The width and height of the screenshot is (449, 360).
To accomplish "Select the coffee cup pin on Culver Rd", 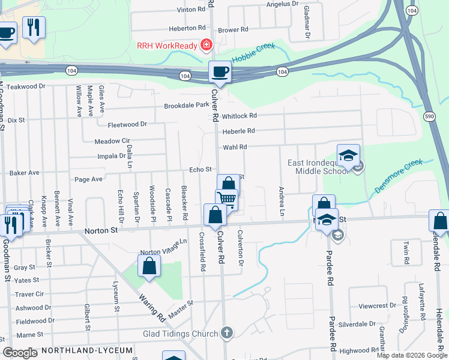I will [219, 73].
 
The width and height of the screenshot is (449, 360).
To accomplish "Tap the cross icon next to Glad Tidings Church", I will [227, 332].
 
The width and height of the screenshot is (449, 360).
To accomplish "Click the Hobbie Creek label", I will [252, 54].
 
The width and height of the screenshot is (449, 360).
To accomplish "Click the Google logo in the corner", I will [20, 353].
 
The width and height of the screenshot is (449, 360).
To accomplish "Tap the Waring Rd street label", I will [152, 308].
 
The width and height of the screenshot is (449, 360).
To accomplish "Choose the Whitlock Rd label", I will [239, 116].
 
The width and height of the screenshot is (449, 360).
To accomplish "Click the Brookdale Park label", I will [186, 106].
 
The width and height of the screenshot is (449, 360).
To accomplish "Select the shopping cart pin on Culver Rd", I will [227, 200].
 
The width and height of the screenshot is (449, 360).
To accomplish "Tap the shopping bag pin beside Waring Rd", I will [149, 266].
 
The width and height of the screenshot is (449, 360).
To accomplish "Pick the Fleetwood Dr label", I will [127, 125].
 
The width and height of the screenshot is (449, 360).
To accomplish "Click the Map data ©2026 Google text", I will [411, 355].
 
